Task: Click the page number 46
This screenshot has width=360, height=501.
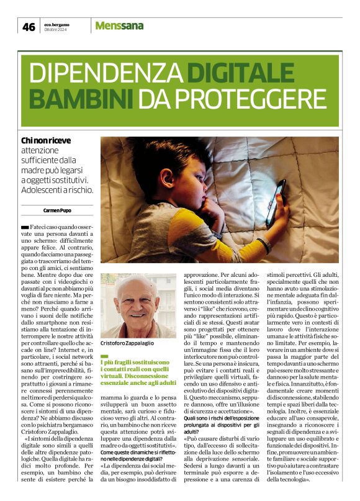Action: [x=29, y=26]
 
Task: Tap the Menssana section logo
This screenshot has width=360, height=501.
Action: [x=119, y=25]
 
